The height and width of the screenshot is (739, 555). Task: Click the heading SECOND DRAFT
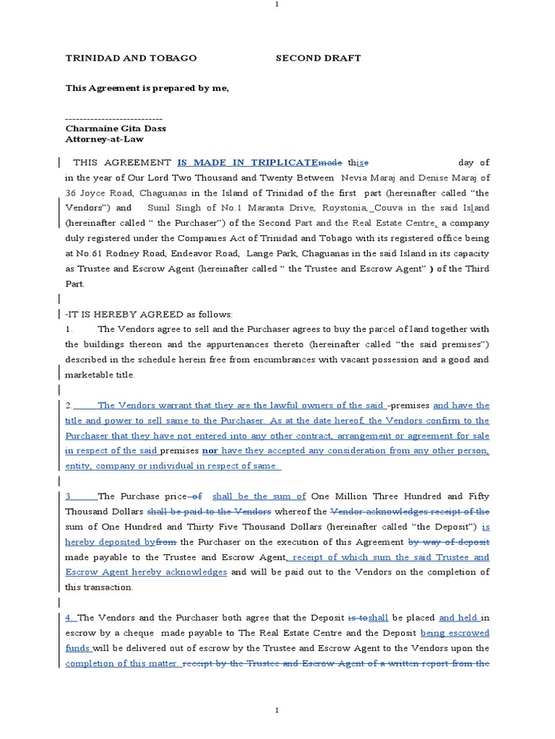(318, 58)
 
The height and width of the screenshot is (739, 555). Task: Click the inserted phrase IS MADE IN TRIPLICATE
(246, 162)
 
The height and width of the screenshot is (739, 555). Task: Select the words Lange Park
(271, 253)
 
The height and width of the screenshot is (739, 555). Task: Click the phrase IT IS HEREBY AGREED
(124, 315)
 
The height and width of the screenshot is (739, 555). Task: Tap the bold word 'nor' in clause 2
(210, 450)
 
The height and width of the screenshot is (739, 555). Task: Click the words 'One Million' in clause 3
(335, 496)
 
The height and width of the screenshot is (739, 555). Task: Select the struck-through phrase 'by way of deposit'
(449, 541)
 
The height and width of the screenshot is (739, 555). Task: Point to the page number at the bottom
(277, 711)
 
